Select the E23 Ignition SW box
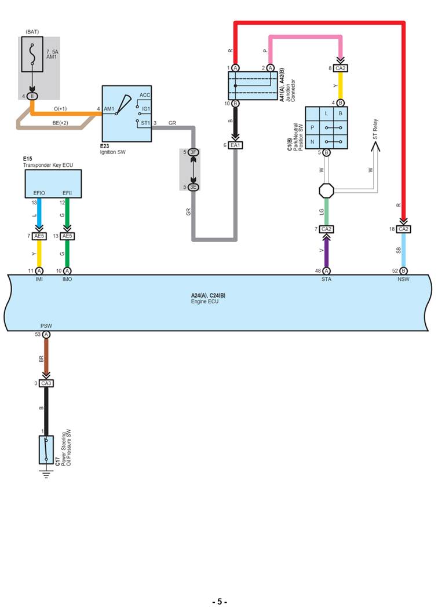(x=127, y=115)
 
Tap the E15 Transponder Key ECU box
(x=53, y=184)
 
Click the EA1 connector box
(x=235, y=145)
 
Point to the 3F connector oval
(x=194, y=153)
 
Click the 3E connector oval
(x=194, y=186)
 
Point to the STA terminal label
(x=327, y=279)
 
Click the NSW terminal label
(x=403, y=279)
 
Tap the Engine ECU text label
(x=208, y=302)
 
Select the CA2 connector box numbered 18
(x=403, y=229)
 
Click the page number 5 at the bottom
(x=219, y=602)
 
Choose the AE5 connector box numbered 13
(x=67, y=236)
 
